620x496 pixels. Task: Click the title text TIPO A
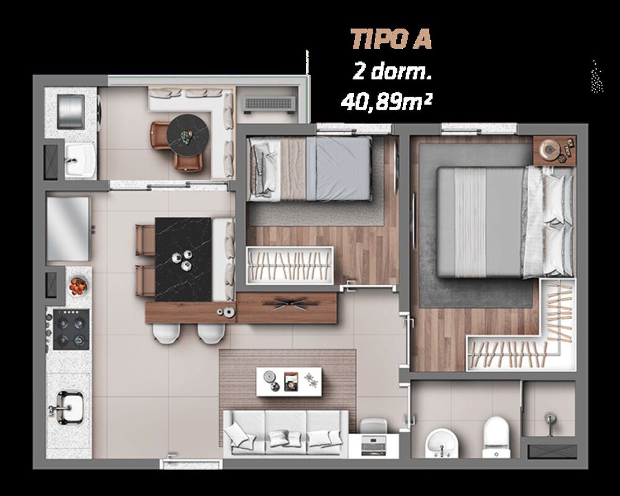coord(391,38)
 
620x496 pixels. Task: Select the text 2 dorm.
coord(391,71)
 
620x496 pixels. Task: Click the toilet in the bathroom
coord(495,436)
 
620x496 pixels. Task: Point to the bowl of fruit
coord(78,286)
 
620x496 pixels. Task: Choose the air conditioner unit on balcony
coord(268,105)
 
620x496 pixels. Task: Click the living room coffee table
coord(290,379)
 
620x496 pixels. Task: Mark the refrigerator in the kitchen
coord(68,229)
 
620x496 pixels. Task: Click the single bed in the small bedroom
coord(310,168)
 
